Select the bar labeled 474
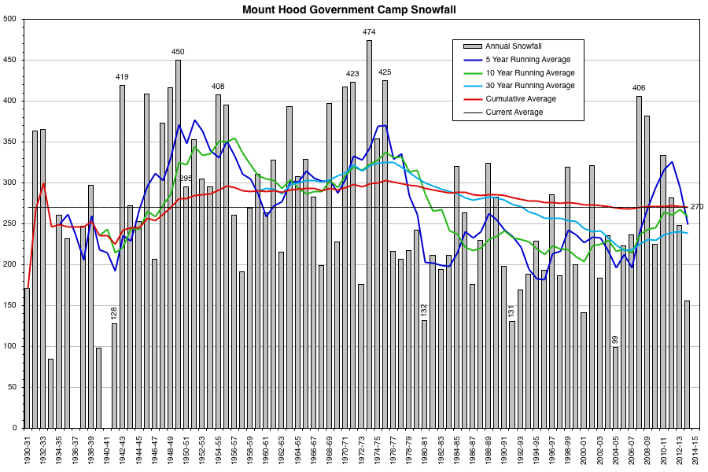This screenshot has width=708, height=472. click(369, 236)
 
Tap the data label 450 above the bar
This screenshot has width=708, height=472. click(178, 52)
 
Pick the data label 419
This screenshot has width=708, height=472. click(122, 77)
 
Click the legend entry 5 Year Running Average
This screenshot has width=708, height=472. click(527, 60)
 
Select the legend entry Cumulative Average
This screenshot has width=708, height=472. click(520, 99)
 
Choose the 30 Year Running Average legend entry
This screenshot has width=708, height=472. click(529, 86)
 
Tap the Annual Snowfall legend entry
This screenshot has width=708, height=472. click(513, 46)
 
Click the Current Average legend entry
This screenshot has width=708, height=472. click(514, 112)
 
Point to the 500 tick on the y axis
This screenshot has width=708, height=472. click(11, 19)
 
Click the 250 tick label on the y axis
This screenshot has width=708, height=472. click(11, 223)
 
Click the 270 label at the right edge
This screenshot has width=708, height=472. click(697, 207)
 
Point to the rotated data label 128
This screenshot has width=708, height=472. click(114, 313)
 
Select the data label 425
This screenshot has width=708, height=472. click(385, 72)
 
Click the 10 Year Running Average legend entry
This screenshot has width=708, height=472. click(529, 72)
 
